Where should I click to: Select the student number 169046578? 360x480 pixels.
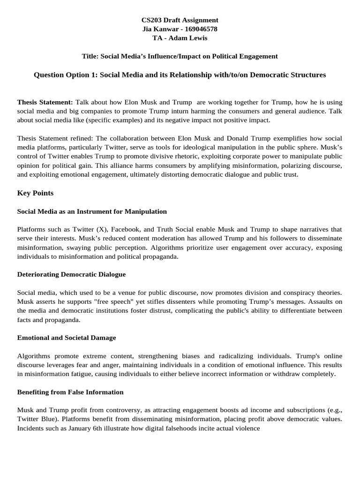point(199,29)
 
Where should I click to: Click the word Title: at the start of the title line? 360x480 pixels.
point(90,56)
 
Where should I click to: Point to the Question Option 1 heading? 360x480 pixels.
point(180,75)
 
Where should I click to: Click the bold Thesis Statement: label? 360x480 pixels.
point(45,102)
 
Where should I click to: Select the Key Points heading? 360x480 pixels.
point(35,193)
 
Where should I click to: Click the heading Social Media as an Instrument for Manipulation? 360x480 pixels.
point(92,211)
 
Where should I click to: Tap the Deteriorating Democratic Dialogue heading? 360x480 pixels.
point(71,274)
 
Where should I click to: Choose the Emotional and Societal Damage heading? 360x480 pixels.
point(67,337)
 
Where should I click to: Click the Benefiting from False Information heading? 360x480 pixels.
point(70,391)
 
